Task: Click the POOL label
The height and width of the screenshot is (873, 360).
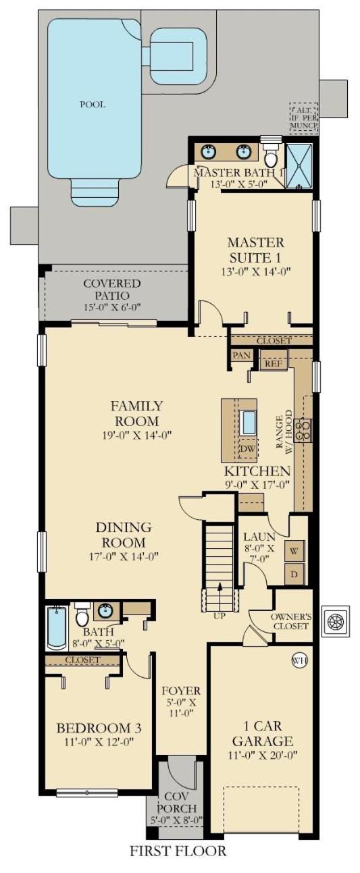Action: [x=93, y=105]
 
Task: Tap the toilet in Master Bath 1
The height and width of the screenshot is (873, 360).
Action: [x=270, y=155]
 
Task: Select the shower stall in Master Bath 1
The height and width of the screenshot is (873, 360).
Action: [x=299, y=165]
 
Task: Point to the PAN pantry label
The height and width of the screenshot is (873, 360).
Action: [x=240, y=355]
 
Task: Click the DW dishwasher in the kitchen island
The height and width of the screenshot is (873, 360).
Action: [x=247, y=448]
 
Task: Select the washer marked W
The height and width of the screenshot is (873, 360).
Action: [x=294, y=551]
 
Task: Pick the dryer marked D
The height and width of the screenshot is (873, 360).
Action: [x=294, y=574]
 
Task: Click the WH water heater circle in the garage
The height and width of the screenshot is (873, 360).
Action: [x=299, y=660]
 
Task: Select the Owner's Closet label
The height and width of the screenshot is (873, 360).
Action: [x=291, y=621]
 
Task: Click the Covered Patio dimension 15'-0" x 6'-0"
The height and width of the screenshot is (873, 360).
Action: [x=111, y=307]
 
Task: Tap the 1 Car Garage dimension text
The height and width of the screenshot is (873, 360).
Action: [x=263, y=755]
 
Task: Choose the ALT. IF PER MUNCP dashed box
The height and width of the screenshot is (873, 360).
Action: [x=304, y=118]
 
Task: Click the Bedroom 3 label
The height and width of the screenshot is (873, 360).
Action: [x=99, y=728]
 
